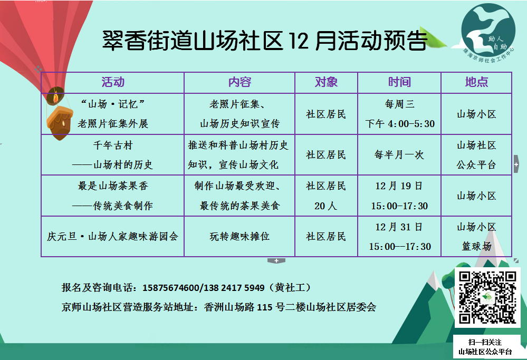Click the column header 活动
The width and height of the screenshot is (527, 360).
click(113, 82)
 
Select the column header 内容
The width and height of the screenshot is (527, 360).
click(239, 82)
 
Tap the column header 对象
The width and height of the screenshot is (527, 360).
click(326, 82)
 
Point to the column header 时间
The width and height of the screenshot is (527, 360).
click(399, 82)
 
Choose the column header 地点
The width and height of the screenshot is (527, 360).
click(476, 82)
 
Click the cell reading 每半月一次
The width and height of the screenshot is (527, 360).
click(399, 155)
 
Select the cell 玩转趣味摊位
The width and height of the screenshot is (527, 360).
click(239, 237)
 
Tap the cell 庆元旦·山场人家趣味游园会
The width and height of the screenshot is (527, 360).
click(112, 237)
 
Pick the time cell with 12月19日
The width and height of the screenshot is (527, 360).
click(399, 196)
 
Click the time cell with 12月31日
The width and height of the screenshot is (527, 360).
click(399, 237)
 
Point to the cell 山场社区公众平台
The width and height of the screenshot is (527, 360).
click(476, 155)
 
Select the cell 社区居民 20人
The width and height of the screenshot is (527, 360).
click(326, 196)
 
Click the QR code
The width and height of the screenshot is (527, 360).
click(487, 297)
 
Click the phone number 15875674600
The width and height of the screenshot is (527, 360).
click(171, 288)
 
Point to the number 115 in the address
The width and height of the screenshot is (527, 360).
click(264, 307)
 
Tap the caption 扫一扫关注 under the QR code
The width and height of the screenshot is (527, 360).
click(485, 342)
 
